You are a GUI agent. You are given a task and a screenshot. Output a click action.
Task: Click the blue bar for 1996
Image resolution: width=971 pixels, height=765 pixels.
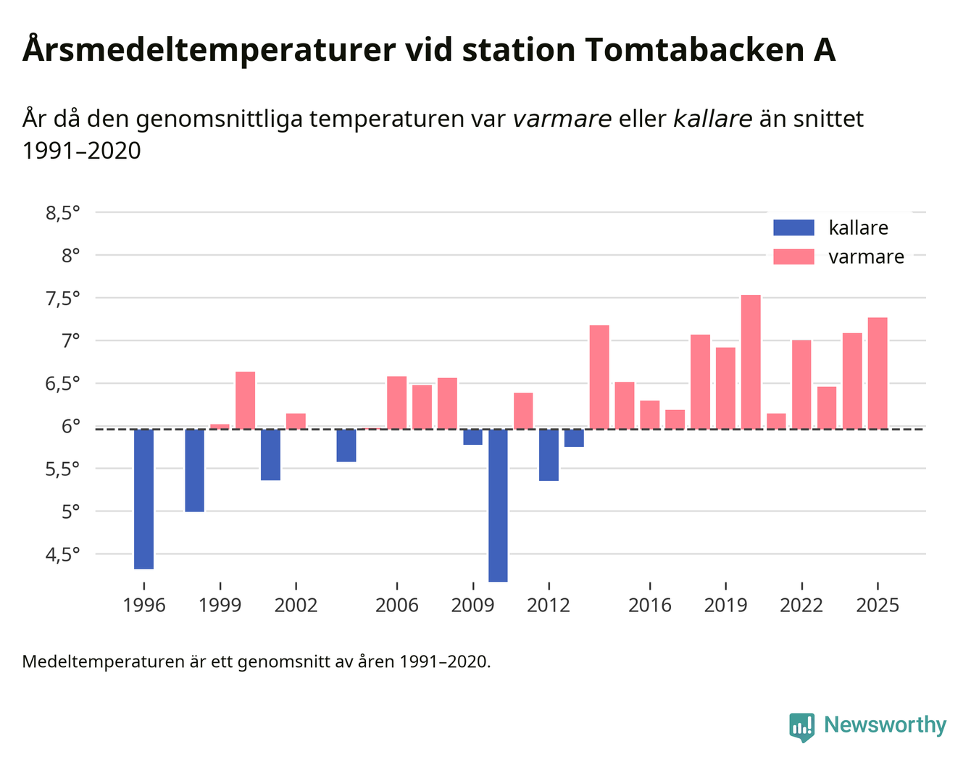pos(143,498)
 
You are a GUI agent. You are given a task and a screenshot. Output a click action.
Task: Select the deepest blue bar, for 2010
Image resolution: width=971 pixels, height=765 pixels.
pos(498,505)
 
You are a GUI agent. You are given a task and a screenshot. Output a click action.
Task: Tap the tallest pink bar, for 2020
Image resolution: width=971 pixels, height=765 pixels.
pos(751,361)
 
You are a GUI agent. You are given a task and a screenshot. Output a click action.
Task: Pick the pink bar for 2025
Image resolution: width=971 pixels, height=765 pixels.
pos(878,373)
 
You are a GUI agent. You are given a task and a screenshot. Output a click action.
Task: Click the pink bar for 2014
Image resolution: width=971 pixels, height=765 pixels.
pos(599,377)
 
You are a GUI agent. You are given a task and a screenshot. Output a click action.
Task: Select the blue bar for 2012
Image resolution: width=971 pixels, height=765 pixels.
pos(549,455)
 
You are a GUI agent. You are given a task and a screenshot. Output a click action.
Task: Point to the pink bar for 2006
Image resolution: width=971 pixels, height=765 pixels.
pos(396,402)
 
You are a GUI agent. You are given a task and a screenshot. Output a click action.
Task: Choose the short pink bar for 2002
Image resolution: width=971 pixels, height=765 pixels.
pos(296,421)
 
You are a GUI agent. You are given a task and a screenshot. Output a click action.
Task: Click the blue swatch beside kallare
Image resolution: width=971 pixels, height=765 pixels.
pos(793,227)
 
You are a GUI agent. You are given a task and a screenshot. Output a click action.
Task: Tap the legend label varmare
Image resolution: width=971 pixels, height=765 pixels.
pos(866,257)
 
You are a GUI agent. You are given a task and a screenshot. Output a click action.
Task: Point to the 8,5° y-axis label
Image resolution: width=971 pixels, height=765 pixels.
pos(62,213)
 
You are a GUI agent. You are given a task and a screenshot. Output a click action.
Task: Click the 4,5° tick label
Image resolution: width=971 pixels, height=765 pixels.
pos(62,555)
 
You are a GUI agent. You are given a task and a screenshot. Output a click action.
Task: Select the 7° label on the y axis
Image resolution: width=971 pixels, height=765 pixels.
pos(70,340)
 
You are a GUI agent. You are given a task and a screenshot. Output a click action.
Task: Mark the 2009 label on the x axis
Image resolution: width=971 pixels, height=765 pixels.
pos(472,605)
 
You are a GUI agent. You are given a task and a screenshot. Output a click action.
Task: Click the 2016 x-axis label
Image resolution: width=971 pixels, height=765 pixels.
pos(649,605)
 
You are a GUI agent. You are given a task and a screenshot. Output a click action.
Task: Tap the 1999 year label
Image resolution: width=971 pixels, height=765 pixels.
pos(220,605)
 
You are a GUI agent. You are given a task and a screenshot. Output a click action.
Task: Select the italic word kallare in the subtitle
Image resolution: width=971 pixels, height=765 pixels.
pos(712,118)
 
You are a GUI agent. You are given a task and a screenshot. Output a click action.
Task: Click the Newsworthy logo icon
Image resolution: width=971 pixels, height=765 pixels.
pos(801,726)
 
